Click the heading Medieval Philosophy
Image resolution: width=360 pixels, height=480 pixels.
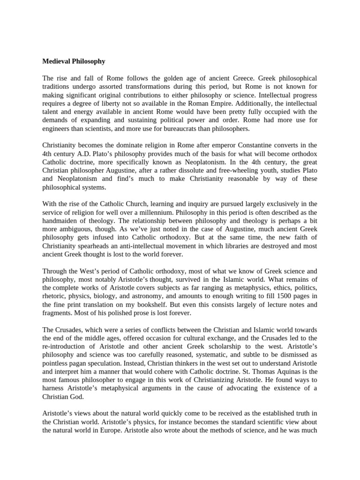(74, 61)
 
